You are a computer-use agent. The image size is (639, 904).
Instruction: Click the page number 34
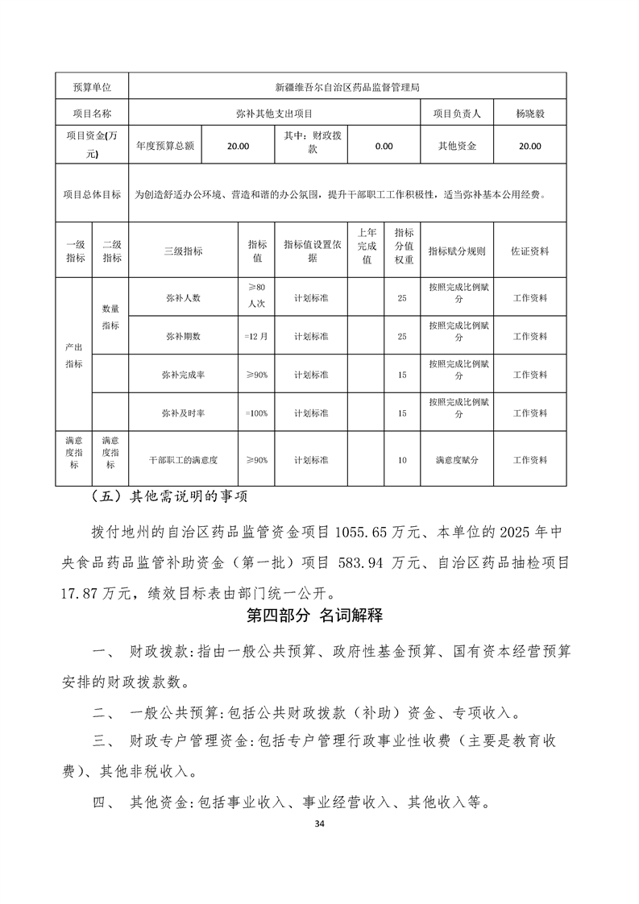click(x=320, y=824)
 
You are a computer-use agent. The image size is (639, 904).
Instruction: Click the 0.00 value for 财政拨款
click(x=384, y=147)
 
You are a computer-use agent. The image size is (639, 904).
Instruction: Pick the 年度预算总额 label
click(x=165, y=147)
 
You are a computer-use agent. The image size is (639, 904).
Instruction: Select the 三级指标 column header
click(x=184, y=251)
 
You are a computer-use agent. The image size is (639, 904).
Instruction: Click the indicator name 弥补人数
click(x=183, y=298)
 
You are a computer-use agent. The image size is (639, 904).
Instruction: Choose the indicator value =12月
click(x=256, y=336)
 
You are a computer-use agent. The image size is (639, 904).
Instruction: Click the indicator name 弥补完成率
click(x=183, y=375)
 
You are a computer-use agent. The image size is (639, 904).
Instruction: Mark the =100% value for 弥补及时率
click(x=256, y=413)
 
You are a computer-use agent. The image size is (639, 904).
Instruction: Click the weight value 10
click(x=402, y=460)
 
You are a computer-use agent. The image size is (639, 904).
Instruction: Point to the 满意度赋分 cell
click(x=457, y=460)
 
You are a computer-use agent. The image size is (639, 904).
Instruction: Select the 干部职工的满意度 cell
click(x=184, y=460)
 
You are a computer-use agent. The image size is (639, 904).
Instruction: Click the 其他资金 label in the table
click(x=457, y=147)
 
